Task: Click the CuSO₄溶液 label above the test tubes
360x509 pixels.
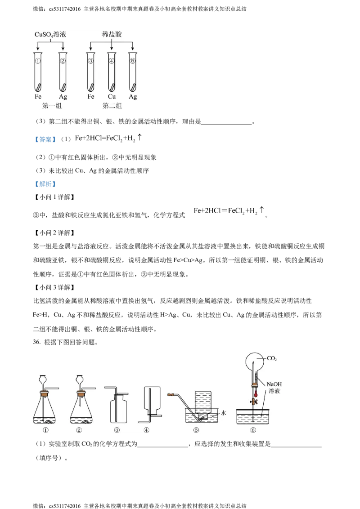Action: [50, 35]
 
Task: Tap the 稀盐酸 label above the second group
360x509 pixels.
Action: [112, 34]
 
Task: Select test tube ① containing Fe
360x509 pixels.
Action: [38, 72]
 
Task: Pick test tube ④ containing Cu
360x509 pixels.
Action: [112, 72]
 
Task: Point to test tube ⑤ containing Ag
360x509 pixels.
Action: [133, 72]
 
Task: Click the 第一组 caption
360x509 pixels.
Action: [52, 106]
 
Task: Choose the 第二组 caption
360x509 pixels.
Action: [112, 106]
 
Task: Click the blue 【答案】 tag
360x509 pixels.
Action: [45, 139]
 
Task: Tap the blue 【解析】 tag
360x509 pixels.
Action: [45, 184]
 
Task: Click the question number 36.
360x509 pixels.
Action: [36, 342]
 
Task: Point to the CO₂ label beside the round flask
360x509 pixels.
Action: [272, 358]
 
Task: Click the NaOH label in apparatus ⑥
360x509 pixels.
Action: [274, 384]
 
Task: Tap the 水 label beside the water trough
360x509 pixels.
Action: [224, 413]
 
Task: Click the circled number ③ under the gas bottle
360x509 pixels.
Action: [117, 430]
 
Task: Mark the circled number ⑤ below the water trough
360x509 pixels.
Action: [196, 430]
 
